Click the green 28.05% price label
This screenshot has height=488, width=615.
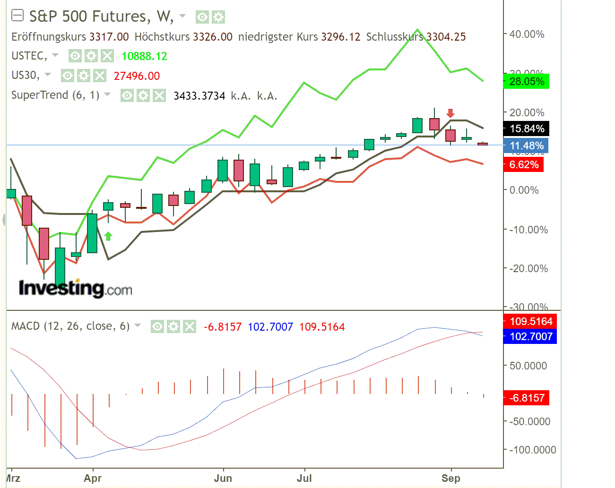526,81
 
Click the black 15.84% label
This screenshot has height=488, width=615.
526,128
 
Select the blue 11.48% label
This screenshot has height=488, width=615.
526,146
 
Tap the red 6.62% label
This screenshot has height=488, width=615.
523,164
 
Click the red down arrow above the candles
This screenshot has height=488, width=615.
450,113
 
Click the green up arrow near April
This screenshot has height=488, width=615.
108,236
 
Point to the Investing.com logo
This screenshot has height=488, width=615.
75,288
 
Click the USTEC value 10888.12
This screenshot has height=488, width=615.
144,56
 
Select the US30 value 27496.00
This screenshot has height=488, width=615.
137,76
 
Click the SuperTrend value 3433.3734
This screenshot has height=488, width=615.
199,96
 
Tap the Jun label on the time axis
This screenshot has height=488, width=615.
223,478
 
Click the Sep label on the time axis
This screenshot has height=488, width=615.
450,478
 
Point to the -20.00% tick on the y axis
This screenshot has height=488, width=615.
528,268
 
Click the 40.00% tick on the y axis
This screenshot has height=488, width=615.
527,34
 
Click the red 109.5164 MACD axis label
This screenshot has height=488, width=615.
530,321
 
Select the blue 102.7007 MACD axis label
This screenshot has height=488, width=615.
530,336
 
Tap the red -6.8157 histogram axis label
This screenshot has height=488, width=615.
527,398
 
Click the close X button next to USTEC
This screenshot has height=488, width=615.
107,56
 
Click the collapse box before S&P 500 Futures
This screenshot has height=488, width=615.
17,16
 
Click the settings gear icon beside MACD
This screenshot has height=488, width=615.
173,326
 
